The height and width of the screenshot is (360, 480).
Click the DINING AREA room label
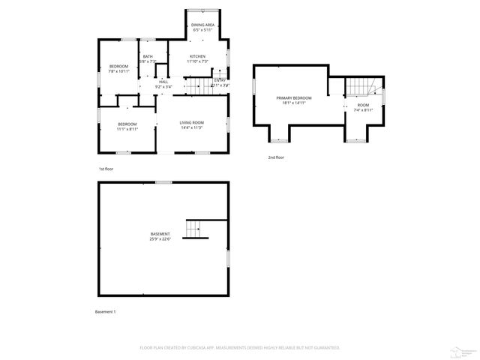coord(202,25)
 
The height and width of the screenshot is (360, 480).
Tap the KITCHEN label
coord(197,56)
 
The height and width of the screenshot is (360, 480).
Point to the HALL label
coord(163,82)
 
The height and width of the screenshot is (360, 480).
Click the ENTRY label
coord(220,80)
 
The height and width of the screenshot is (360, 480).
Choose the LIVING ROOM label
coord(191,123)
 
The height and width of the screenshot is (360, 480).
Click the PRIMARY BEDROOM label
coord(293,98)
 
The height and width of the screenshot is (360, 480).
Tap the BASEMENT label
coord(160,234)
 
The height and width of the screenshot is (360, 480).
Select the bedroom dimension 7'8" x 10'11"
coord(118,72)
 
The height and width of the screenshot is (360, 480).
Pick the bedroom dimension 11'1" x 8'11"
coord(127,129)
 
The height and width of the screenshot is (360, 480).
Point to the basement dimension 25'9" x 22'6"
coord(160,239)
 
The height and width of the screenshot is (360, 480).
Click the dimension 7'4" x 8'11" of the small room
coord(363,110)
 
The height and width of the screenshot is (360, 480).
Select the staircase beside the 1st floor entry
coord(197,87)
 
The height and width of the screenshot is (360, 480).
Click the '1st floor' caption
coord(106,169)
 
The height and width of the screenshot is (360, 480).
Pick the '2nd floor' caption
coord(276,157)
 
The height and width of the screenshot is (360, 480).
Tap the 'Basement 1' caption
coord(105,311)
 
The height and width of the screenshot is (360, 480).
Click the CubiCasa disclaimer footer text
coord(240,347)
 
